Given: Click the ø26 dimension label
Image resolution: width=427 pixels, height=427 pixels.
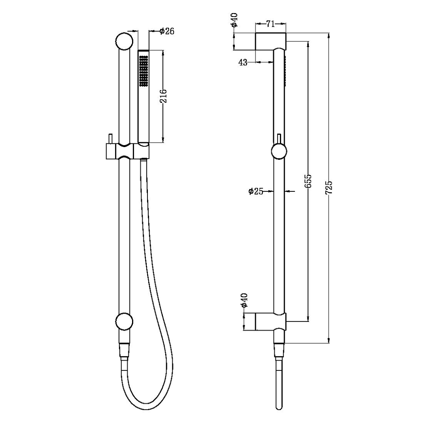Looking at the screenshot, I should (167, 31).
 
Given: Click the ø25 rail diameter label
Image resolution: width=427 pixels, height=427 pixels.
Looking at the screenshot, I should (256, 191).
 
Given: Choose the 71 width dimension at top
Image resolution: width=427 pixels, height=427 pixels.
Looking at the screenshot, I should (270, 24).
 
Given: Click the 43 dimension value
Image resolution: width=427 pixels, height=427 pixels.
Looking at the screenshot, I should (243, 62).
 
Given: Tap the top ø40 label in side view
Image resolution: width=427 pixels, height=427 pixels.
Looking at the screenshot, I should (234, 20).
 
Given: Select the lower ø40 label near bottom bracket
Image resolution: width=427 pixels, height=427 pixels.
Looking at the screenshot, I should (244, 300).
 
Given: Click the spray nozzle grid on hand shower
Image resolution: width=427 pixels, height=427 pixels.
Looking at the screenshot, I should (143, 71).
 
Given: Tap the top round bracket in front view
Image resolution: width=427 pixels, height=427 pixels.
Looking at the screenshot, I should (124, 41).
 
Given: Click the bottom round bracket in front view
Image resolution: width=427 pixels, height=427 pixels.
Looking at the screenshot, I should (124, 321).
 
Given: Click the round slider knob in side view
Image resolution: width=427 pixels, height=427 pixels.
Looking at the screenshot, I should (279, 152).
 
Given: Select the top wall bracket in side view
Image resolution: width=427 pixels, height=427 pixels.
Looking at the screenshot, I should (270, 41).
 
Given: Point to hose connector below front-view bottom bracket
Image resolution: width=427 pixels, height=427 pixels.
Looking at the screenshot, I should (124, 350).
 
